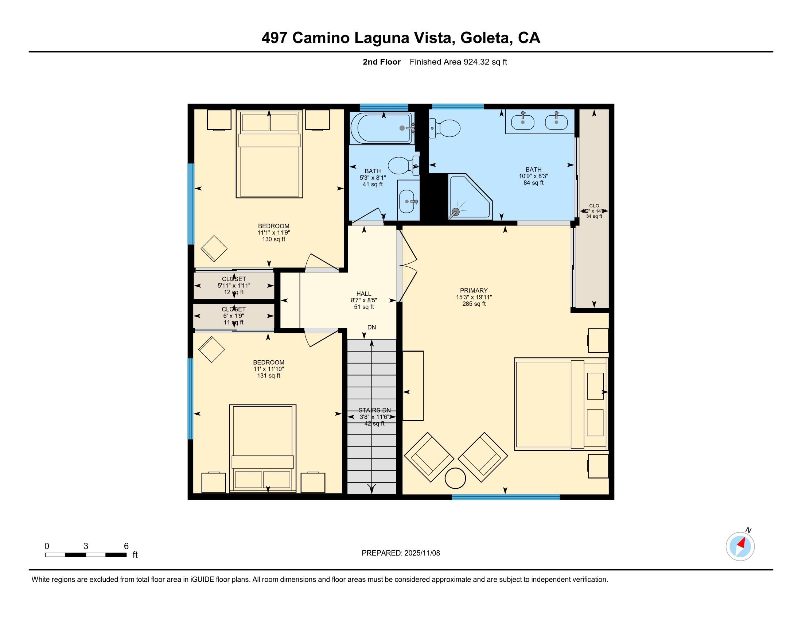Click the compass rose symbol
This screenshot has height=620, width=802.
point(740,547)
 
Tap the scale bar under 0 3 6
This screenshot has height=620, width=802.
point(86,555)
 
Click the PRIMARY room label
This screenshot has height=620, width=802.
point(474,291)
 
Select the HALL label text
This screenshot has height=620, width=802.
point(363,294)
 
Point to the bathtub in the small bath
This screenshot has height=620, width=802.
point(381,128)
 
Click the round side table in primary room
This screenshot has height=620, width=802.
point(455,478)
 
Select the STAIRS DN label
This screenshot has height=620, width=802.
point(374,410)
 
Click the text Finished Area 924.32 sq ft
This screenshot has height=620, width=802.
point(458,62)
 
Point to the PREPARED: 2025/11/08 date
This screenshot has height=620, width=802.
point(401,553)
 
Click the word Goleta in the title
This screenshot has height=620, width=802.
point(487,38)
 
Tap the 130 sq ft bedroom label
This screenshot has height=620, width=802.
point(273,233)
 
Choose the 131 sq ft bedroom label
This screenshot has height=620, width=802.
point(268,369)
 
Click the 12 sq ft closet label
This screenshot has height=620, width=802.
point(234,286)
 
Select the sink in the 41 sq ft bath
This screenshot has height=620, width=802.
point(407,201)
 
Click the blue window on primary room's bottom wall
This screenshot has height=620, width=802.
point(505,497)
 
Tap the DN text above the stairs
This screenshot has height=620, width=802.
point(371,327)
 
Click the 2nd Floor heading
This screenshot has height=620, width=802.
point(381,62)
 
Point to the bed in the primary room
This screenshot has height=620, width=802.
point(560,404)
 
